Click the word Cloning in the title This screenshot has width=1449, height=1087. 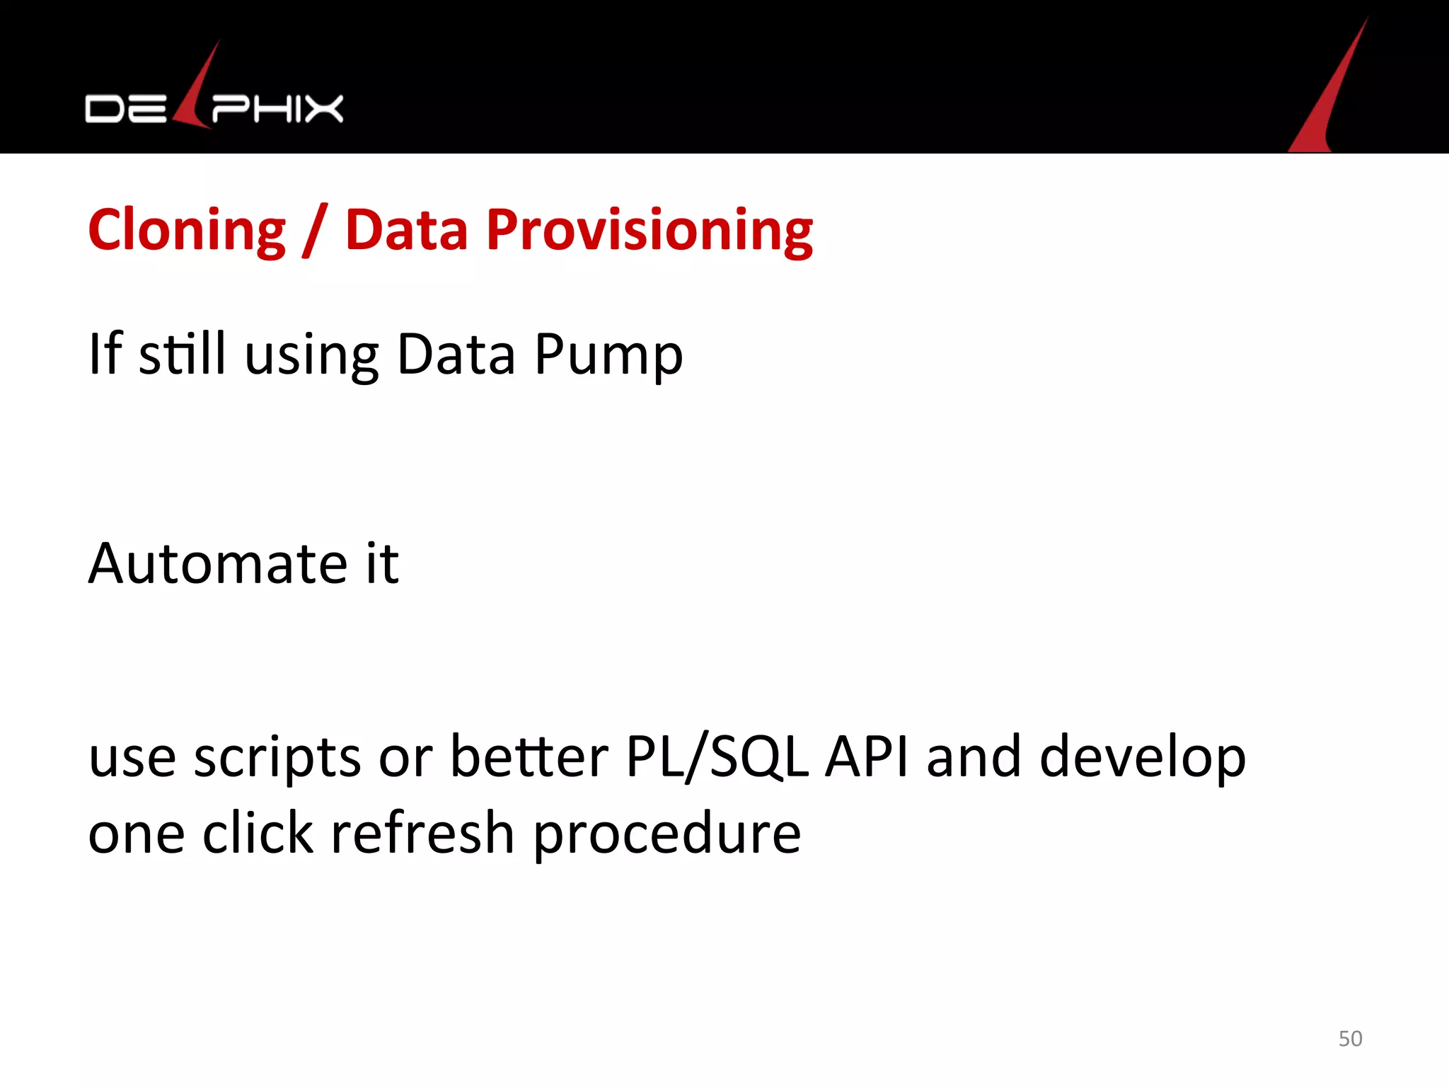click(187, 230)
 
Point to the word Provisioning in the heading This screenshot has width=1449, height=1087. click(649, 230)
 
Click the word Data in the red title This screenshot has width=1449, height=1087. click(406, 230)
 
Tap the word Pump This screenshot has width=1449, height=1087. click(608, 354)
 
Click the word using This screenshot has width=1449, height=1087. click(311, 354)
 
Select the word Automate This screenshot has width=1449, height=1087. click(218, 563)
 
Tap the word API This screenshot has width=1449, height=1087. click(867, 756)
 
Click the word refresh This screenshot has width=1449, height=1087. click(422, 833)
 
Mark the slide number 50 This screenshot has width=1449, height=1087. click(1350, 1038)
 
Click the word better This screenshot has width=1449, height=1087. click(529, 756)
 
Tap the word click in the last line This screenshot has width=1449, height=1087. click(258, 833)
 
